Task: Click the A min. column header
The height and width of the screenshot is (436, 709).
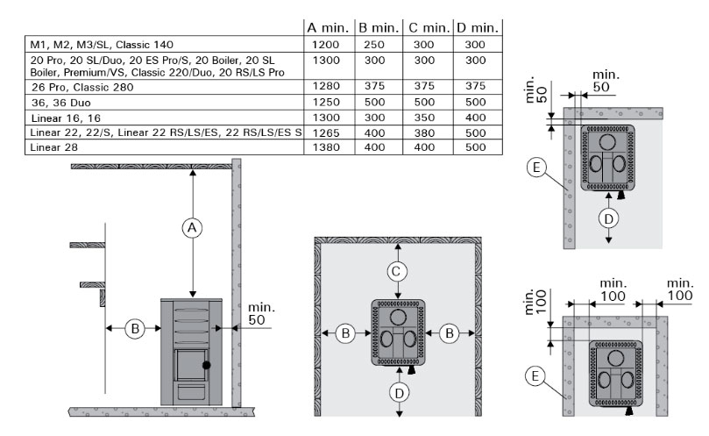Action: [x=328, y=28]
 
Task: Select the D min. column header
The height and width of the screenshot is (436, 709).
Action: [x=478, y=28]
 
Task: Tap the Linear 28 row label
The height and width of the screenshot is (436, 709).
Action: [x=53, y=147]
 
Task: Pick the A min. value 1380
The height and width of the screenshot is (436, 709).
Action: [x=326, y=147]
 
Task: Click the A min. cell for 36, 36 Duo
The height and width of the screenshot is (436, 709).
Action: [x=326, y=103]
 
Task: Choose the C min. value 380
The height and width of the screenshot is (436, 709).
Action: [x=424, y=133]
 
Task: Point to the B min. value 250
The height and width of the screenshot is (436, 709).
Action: [x=374, y=45]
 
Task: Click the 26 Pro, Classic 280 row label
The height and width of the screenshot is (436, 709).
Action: [x=82, y=87]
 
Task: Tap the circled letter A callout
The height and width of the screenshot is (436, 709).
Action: [x=192, y=228]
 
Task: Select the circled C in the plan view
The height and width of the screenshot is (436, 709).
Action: [x=397, y=272]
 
